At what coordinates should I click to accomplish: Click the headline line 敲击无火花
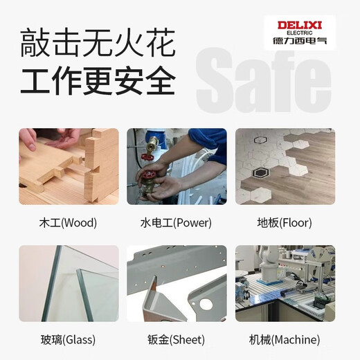click(97, 44)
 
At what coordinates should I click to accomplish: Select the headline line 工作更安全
click(97, 81)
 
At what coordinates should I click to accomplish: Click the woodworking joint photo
click(69, 166)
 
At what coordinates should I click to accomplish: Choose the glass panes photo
click(69, 283)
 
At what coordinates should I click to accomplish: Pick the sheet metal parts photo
click(177, 283)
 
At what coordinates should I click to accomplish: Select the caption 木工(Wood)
click(68, 223)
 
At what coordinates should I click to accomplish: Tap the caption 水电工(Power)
click(177, 223)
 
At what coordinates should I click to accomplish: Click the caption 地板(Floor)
click(285, 223)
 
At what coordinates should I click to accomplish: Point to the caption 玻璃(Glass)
click(68, 340)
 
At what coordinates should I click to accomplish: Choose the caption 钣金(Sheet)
click(177, 340)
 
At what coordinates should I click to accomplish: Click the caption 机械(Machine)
click(285, 340)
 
